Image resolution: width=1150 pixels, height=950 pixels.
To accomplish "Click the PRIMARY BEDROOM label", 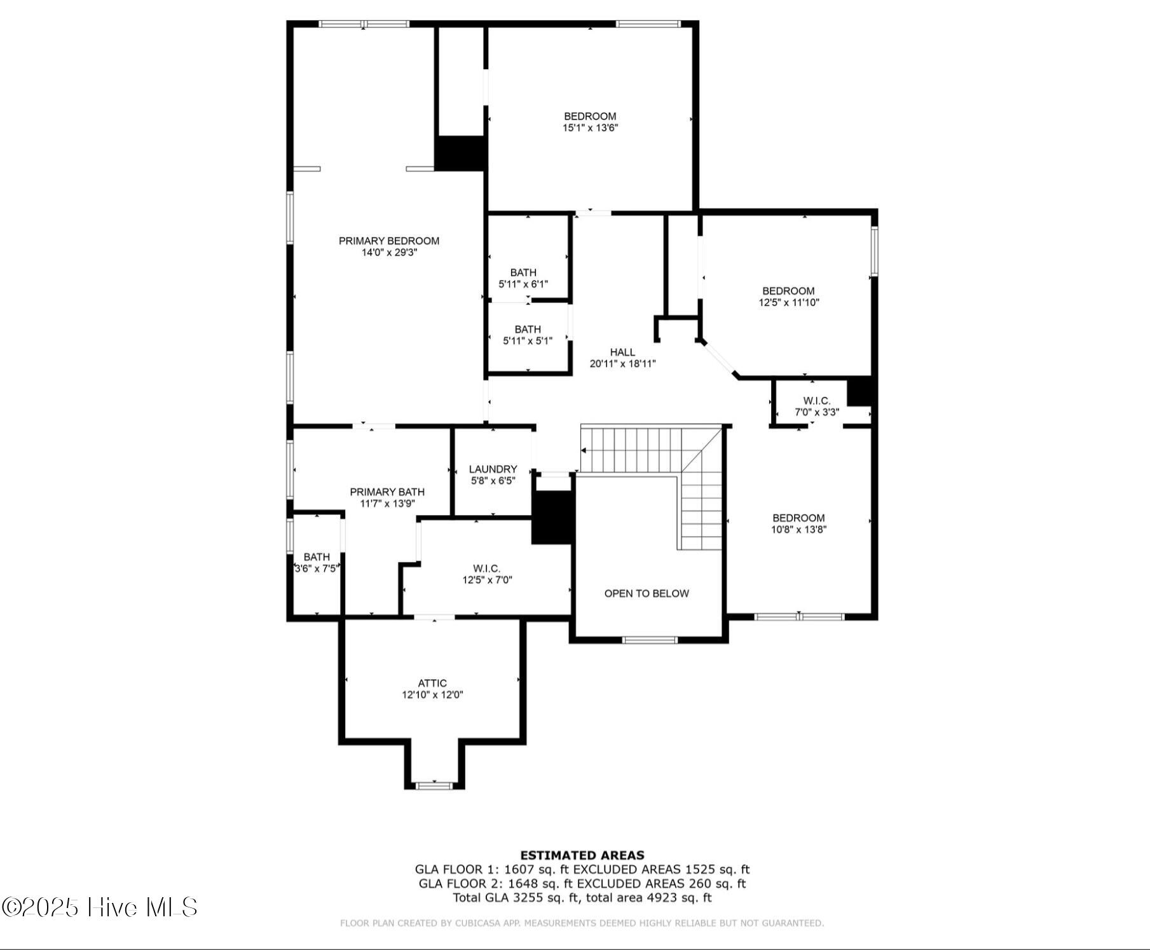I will [388, 241].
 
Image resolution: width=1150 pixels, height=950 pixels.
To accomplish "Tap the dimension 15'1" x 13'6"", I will [590, 128].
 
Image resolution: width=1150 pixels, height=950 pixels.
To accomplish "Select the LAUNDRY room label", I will [493, 469].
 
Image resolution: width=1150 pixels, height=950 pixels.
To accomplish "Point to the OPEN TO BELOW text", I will [646, 593].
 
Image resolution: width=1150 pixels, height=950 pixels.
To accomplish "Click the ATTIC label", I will [432, 684].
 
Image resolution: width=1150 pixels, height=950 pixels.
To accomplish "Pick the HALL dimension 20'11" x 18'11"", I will [622, 364].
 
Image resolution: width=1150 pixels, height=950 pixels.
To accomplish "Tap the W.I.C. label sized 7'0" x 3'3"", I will [816, 401].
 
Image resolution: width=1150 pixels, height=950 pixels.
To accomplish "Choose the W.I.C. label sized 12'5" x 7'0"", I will [486, 568].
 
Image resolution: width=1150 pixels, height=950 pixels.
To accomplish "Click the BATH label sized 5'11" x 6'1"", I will [523, 273].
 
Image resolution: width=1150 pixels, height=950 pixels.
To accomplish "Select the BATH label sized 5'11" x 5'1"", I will [527, 329].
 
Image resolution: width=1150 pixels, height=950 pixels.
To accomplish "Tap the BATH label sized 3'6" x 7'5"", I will [316, 557].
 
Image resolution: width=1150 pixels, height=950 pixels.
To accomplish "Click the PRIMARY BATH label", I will [387, 492].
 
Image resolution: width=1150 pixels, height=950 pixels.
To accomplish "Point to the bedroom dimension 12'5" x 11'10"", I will [788, 303].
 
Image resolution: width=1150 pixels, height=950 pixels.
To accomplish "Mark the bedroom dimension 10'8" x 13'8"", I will [798, 530].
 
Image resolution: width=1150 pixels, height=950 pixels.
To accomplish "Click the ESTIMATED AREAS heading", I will [582, 855].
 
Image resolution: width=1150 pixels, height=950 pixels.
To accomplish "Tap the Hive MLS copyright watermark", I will [100, 907].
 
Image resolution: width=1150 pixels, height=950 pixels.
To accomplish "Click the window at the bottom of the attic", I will [434, 786].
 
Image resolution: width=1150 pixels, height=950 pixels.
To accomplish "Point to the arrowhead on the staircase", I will [584, 451].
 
